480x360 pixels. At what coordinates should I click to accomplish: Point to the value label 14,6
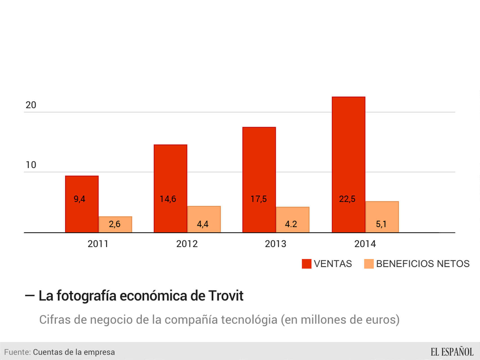click(x=168, y=199)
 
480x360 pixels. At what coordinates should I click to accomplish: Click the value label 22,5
click(x=347, y=199)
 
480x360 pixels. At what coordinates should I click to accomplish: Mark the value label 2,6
click(x=115, y=224)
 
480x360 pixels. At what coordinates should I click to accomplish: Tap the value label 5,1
click(x=381, y=224)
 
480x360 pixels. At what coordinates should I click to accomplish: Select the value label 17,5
click(x=259, y=199)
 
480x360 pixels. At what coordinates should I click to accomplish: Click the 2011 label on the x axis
click(x=98, y=244)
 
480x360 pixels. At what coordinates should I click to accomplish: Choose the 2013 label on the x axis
click(x=275, y=244)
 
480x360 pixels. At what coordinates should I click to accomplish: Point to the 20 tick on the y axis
click(x=31, y=105)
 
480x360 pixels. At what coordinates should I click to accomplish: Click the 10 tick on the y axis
click(x=31, y=165)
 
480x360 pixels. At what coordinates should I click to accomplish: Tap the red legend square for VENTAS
click(x=306, y=264)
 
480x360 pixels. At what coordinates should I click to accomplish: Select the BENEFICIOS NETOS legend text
click(x=423, y=264)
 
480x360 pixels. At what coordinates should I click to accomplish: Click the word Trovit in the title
click(x=226, y=296)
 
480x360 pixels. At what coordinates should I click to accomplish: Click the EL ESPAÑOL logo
click(x=452, y=352)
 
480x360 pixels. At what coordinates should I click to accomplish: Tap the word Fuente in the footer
click(x=17, y=352)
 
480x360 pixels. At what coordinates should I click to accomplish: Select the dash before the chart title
click(x=30, y=296)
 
